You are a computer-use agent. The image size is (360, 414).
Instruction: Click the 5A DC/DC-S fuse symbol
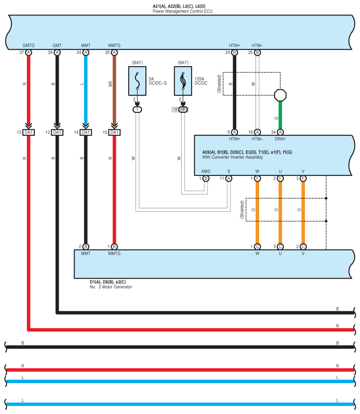(x=137, y=81)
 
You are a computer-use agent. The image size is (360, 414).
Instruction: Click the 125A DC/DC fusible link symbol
(x=182, y=81)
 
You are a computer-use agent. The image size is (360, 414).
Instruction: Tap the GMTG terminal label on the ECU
(x=28, y=45)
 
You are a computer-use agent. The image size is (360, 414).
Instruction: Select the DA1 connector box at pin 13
(x=28, y=132)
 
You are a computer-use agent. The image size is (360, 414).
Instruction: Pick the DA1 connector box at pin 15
(x=114, y=132)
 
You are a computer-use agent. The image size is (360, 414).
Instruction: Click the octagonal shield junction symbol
(x=280, y=95)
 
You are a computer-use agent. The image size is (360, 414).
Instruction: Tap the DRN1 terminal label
(x=280, y=139)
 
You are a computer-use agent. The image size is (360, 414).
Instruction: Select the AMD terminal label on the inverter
(x=205, y=172)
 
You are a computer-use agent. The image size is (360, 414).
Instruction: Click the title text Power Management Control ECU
(x=182, y=11)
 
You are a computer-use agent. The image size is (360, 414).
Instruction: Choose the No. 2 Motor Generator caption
(x=111, y=287)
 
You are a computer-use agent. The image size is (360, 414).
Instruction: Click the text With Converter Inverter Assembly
(x=232, y=157)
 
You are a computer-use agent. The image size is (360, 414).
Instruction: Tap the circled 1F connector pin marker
(x=182, y=109)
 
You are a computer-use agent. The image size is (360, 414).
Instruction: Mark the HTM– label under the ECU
(x=257, y=45)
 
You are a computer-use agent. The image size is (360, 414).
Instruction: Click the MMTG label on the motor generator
(x=114, y=254)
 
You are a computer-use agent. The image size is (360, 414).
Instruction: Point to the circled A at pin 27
(x=28, y=52)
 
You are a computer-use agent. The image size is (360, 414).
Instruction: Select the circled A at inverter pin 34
(x=280, y=132)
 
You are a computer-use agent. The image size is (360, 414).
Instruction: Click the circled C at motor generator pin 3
(x=280, y=246)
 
